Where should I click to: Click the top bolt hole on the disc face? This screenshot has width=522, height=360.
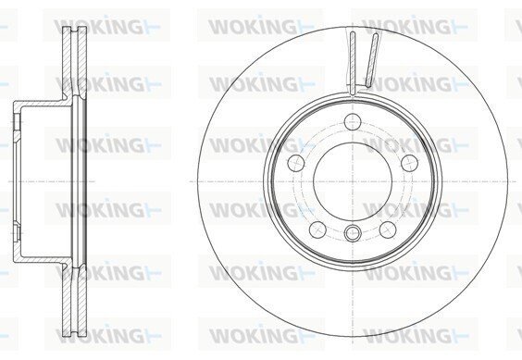coord(353,121)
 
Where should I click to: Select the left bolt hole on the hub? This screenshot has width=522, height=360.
coord(296,163)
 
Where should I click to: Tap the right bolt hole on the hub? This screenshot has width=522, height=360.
coord(409,163)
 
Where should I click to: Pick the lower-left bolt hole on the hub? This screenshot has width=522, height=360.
coord(317,230)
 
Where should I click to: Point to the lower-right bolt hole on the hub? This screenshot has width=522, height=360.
coord(388,230)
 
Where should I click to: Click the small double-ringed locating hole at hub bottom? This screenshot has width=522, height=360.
coord(353,232)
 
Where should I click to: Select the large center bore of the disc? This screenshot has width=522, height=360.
coord(353,181)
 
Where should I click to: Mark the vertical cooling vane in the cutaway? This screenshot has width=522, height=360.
coord(353,63)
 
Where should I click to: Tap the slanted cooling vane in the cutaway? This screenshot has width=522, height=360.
coord(372,60)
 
